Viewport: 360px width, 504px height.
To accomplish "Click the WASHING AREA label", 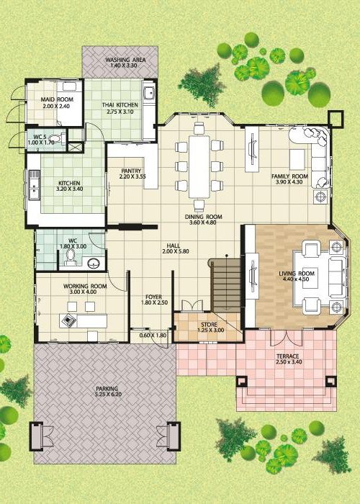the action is point(126,60).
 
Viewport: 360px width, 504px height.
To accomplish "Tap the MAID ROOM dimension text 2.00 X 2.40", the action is point(56,106).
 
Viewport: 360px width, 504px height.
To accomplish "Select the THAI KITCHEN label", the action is point(120,105).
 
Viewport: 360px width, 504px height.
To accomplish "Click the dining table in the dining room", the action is point(199,166).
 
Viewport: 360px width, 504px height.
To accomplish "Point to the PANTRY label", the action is point(131,171).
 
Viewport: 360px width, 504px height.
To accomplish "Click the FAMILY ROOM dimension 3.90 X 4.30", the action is point(289,182).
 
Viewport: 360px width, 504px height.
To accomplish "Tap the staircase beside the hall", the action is point(226,285).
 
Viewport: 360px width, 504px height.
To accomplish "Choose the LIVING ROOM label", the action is point(297,274).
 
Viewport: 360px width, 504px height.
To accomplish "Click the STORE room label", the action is point(210,325).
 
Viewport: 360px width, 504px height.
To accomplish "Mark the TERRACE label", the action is point(288,356).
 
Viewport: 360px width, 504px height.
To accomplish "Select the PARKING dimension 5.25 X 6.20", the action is point(108,395).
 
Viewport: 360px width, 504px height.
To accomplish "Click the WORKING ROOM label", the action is point(85,286).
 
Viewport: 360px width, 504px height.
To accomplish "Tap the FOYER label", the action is point(153,297).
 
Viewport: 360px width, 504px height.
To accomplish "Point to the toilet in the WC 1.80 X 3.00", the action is point(70,258).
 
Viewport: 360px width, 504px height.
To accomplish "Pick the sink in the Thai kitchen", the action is point(149,93).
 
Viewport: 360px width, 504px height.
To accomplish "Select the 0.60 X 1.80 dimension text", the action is point(153,336).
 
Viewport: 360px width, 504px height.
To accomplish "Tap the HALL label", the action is point(174,246).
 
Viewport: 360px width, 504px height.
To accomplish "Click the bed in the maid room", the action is point(70,103).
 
